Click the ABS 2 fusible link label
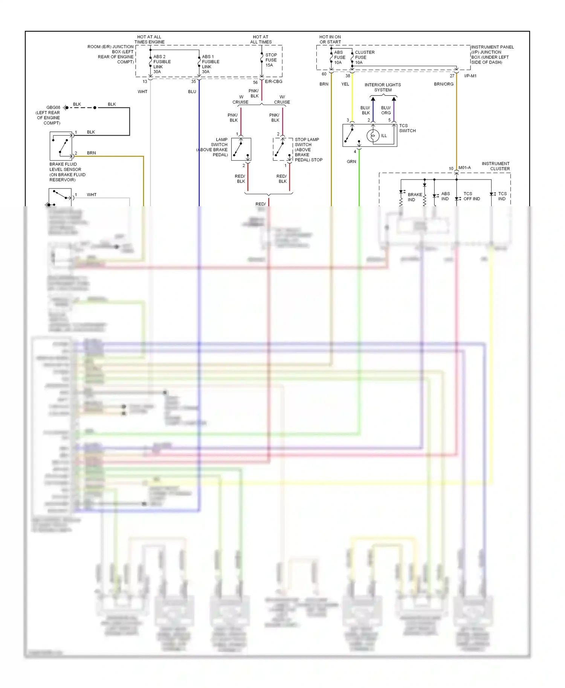pyautogui.click(x=162, y=64)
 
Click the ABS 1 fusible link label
pyautogui.click(x=210, y=64)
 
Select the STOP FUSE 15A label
pyautogui.click(x=271, y=60)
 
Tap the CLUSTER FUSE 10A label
pyautogui.click(x=364, y=57)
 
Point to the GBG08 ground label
pyautogui.click(x=53, y=108)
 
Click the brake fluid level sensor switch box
pyautogui.click(x=61, y=146)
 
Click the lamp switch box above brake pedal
pyautogui.click(x=241, y=149)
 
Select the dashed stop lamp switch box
pyautogui.click(x=282, y=149)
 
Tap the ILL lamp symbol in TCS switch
pyautogui.click(x=373, y=135)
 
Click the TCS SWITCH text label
pyautogui.click(x=407, y=128)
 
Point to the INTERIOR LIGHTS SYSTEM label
pyautogui.click(x=383, y=87)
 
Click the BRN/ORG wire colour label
pyautogui.click(x=443, y=84)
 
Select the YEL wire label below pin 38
pyautogui.click(x=345, y=84)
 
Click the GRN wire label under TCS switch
pyautogui.click(x=351, y=161)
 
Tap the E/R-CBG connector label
pyautogui.click(x=273, y=82)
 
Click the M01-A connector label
pyautogui.click(x=464, y=168)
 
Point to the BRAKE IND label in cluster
pyautogui.click(x=415, y=197)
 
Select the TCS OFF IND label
pyautogui.click(x=471, y=196)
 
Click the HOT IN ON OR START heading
pyautogui.click(x=330, y=40)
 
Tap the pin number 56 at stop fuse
pyautogui.click(x=255, y=82)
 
